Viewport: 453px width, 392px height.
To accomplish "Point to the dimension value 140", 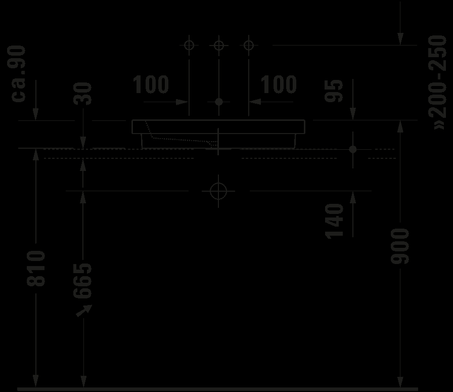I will (334, 220).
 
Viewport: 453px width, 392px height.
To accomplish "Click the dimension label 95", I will (334, 91).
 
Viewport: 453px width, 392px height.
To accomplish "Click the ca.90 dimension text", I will (19, 73).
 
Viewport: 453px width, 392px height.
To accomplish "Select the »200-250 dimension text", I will (438, 82).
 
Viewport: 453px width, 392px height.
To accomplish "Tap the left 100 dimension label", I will (151, 84).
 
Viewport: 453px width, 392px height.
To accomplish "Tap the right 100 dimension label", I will (279, 84).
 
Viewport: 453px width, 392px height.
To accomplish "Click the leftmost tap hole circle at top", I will (189, 46).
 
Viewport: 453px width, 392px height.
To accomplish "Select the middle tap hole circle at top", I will (218, 46).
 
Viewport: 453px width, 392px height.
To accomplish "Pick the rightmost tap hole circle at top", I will (248, 46).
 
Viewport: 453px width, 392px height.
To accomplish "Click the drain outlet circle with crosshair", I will (218, 191).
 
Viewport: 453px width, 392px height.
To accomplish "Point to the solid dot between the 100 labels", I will (218, 102).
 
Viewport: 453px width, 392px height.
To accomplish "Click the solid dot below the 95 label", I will (352, 149).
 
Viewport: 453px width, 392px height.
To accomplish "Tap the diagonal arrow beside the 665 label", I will (82, 310).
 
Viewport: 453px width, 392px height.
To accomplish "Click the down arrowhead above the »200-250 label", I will (401, 38).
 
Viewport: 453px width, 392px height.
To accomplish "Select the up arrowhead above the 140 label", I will (352, 198).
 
